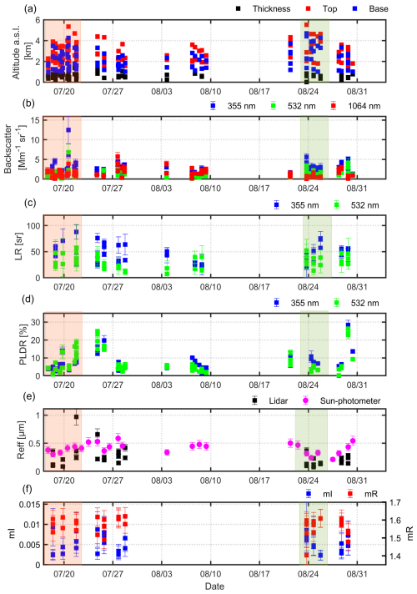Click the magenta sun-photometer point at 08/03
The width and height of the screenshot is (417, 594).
168,452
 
